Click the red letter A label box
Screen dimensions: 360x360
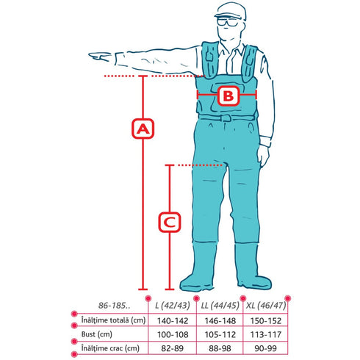[143, 129]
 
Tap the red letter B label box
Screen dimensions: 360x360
[228, 96]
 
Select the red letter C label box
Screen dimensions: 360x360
[170, 222]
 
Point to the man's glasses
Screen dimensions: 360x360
[227, 22]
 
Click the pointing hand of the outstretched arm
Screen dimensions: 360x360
[101, 57]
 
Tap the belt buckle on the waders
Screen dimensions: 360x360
[226, 118]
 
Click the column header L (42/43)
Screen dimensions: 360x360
[173, 306]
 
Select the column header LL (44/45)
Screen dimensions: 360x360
[220, 306]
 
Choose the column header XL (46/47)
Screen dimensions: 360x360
[266, 306]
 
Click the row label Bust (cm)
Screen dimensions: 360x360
[97, 334]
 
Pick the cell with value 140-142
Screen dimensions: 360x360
[173, 321]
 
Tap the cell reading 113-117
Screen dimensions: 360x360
[266, 334]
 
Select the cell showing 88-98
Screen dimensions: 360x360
[220, 348]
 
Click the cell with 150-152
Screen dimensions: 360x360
[266, 321]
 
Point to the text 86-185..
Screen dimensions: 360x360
[114, 306]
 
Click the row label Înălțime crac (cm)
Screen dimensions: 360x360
[110, 348]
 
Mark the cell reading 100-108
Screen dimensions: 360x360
[173, 334]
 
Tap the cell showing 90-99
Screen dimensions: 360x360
[266, 348]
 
